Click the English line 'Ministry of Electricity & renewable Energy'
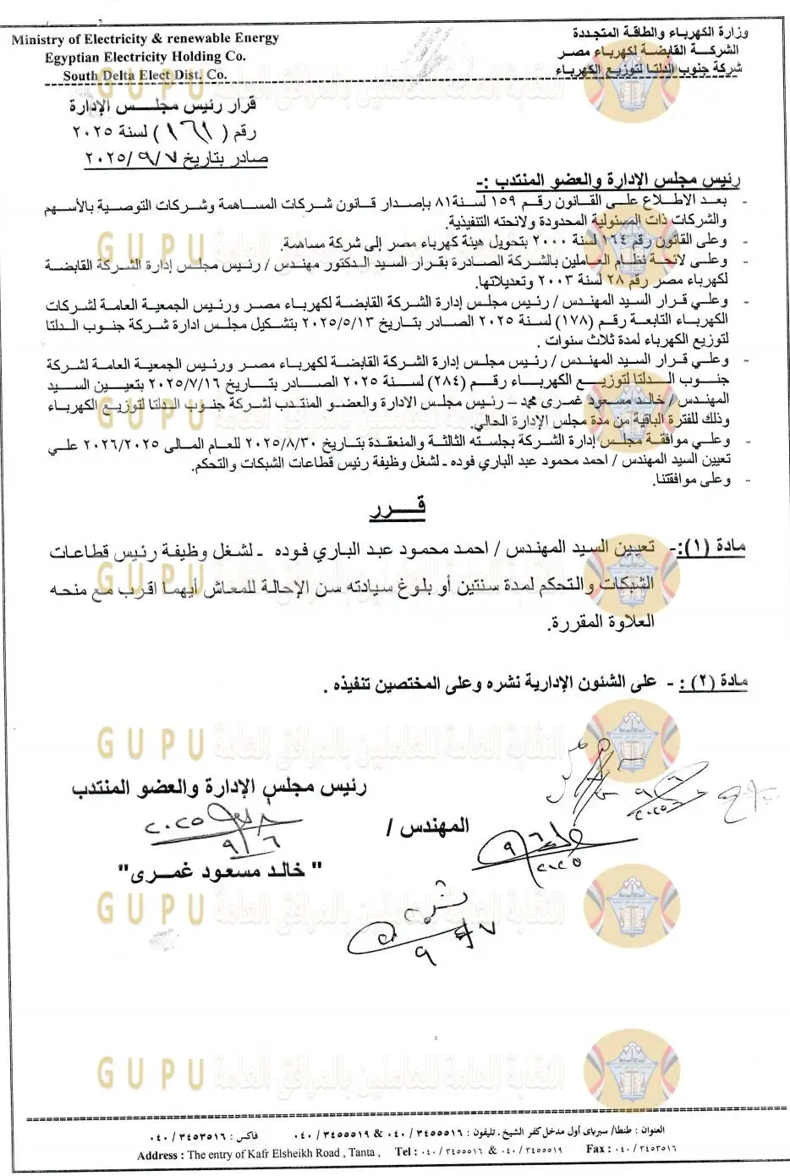[x=145, y=39]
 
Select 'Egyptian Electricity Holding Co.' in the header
[x=145, y=57]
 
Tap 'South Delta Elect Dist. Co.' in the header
[x=145, y=74]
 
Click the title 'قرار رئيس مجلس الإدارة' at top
[x=174, y=107]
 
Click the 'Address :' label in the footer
[x=158, y=1155]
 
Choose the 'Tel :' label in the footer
[x=407, y=1151]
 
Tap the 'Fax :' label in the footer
[x=596, y=1149]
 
